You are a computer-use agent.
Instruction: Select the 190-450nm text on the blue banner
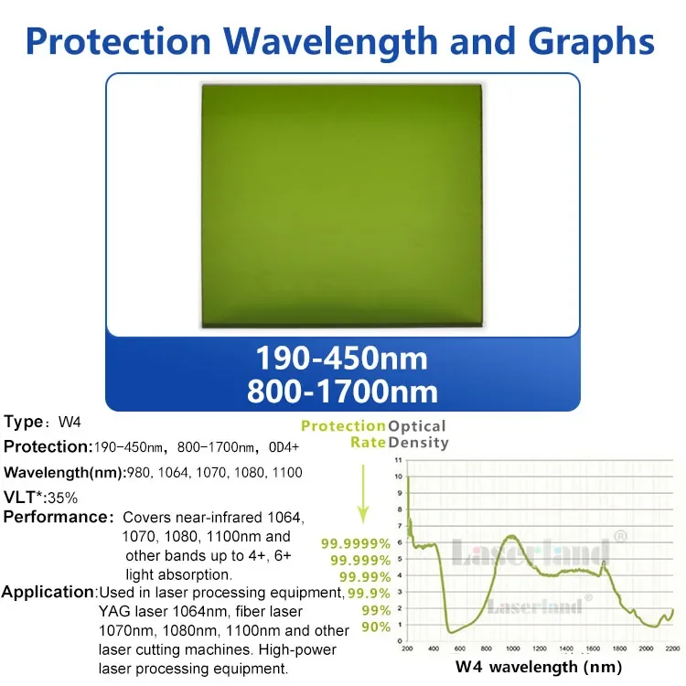click(342, 357)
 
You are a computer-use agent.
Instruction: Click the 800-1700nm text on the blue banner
click(342, 391)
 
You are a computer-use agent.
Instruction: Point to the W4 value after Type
click(70, 423)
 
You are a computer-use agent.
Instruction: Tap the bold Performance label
click(57, 518)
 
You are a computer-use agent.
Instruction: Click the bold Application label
click(48, 592)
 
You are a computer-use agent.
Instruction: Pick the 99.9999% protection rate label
click(356, 543)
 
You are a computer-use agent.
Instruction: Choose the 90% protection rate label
click(376, 627)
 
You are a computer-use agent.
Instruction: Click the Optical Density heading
click(418, 434)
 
